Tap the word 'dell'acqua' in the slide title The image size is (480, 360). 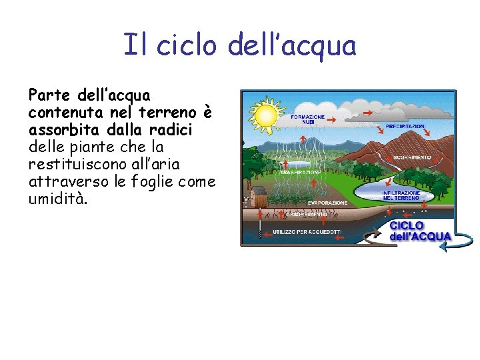pyautogui.click(x=291, y=46)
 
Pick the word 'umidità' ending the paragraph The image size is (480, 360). pyautogui.click(x=57, y=199)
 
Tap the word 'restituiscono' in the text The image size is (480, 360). pyautogui.click(x=72, y=164)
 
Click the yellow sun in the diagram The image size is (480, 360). pyautogui.click(x=266, y=114)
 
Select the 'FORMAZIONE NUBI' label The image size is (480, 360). pyautogui.click(x=308, y=119)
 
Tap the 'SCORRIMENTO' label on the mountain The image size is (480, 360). pyautogui.click(x=413, y=157)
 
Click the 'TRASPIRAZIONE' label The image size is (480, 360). pyautogui.click(x=301, y=172)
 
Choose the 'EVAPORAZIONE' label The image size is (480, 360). pyautogui.click(x=327, y=203)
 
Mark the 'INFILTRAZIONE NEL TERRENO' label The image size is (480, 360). pyautogui.click(x=401, y=195)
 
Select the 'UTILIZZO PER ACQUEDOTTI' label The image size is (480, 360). pyautogui.click(x=307, y=232)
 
